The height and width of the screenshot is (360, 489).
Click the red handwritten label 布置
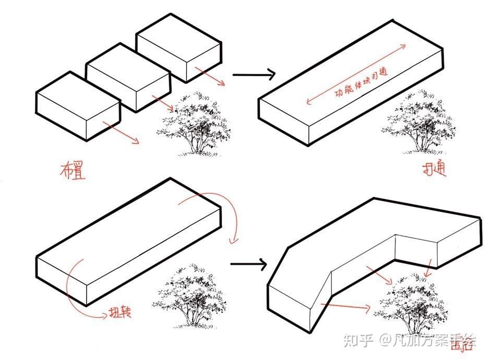click(73, 171)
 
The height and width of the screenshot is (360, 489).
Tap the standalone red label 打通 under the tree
click(434, 171)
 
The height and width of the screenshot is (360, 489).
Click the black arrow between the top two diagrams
click(253, 75)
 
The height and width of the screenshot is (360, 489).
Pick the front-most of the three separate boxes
click(77, 106)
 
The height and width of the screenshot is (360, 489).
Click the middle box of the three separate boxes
click(128, 79)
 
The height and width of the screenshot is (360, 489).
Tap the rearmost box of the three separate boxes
click(178, 50)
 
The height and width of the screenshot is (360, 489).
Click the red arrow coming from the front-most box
click(121, 132)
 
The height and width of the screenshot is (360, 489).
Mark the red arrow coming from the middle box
click(163, 103)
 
